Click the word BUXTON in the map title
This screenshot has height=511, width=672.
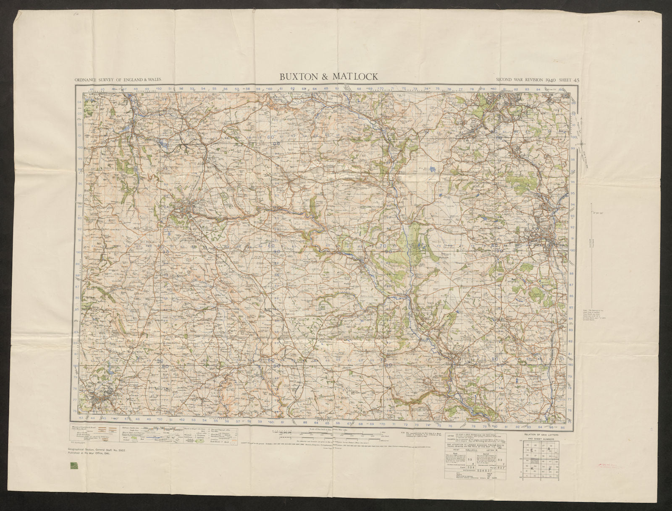tap(299, 76)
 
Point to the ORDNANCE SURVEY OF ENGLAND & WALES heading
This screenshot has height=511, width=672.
tap(118, 79)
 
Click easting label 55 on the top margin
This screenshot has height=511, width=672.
tap(214, 89)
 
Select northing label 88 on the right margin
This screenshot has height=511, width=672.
tap(570, 273)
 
